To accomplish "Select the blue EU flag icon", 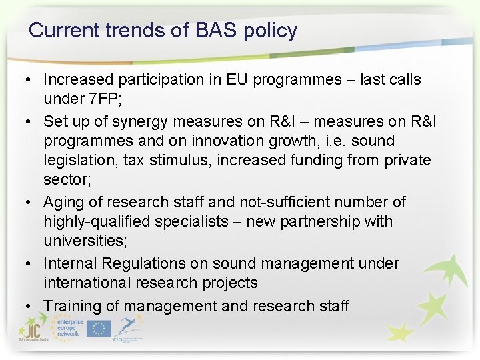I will coord(99,328).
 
